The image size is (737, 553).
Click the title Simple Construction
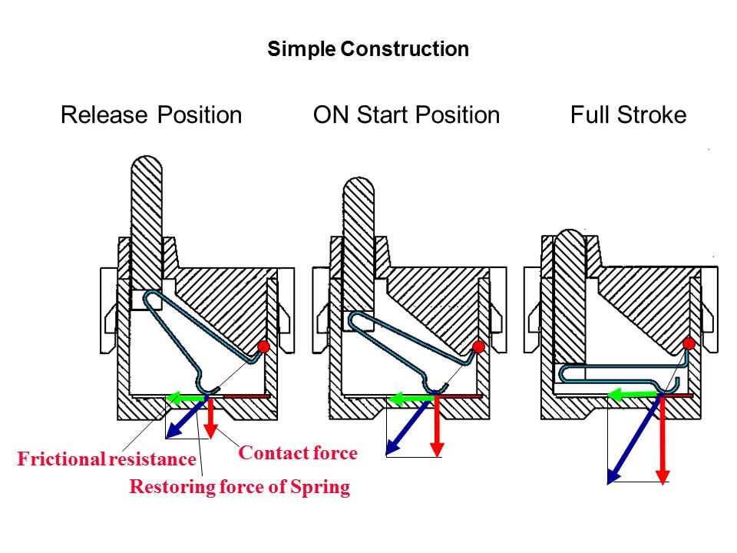coord(368,50)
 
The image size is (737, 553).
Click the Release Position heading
coord(151,116)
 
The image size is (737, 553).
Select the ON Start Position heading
coord(406,116)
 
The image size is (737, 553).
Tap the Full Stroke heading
coord(628,116)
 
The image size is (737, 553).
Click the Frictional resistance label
coord(107,460)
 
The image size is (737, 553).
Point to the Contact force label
coord(298,453)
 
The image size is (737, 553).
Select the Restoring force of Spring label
coord(240,487)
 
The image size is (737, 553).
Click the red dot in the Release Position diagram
coord(264,346)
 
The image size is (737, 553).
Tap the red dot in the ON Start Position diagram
coord(478,347)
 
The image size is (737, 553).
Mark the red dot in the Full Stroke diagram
coord(689,343)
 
